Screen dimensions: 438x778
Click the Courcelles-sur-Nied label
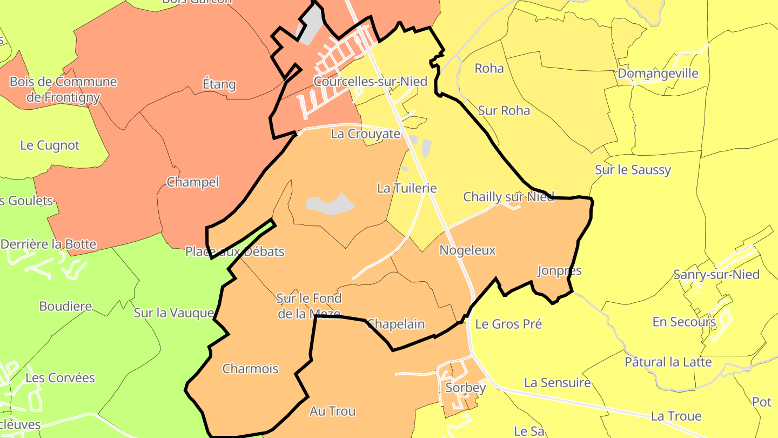[x=371, y=82]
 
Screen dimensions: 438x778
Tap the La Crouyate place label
[x=366, y=134]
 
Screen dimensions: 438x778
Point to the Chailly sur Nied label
[x=508, y=197]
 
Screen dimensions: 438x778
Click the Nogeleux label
[x=467, y=250]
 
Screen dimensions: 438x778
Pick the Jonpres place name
[x=559, y=270]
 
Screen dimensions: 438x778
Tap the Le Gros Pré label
[x=508, y=324]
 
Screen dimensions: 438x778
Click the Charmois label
[x=251, y=369]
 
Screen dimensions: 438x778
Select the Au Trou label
[x=332, y=412]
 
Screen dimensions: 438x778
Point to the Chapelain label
[x=395, y=324]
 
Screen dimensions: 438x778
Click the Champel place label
[x=193, y=182]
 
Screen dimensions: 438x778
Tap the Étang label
[x=219, y=84]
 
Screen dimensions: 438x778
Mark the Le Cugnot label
[x=50, y=145]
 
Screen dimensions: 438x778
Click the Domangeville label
[x=658, y=74]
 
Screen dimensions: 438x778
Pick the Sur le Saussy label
[x=633, y=170]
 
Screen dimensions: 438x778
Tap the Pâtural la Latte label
[x=668, y=362]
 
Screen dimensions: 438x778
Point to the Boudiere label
[x=65, y=307]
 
